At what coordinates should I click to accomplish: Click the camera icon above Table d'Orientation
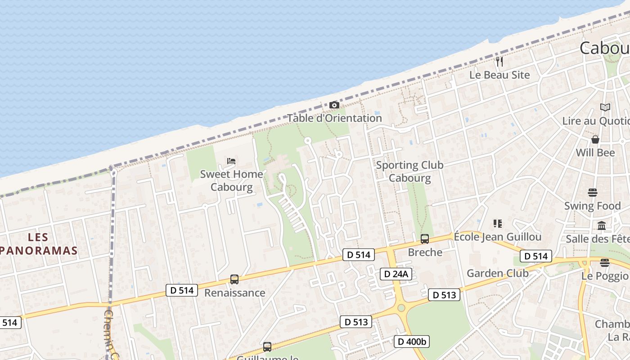tap(334, 105)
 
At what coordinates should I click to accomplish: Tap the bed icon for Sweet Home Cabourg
tap(231, 161)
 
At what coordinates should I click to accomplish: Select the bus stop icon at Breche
tap(424, 239)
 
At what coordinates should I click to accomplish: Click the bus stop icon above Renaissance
tap(234, 279)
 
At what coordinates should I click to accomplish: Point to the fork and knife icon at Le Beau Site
tap(499, 61)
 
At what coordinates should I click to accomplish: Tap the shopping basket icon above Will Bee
tap(595, 139)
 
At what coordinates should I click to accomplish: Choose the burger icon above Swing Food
tap(592, 193)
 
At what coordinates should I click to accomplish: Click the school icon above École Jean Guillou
tap(497, 223)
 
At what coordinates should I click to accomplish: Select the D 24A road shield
tap(396, 274)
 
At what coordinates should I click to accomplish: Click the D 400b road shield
tap(412, 342)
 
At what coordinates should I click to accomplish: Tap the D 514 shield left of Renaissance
tap(182, 290)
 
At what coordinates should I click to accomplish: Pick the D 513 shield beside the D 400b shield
tap(356, 322)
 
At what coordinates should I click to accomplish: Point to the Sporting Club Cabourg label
tap(409, 171)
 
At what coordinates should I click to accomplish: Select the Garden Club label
tap(497, 273)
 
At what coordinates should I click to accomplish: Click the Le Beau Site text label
tap(499, 75)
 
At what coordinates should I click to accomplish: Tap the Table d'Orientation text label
tap(334, 118)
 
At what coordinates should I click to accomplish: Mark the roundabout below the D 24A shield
tap(401, 308)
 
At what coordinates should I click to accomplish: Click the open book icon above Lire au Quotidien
tap(605, 107)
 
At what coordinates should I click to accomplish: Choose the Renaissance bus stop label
tap(234, 293)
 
